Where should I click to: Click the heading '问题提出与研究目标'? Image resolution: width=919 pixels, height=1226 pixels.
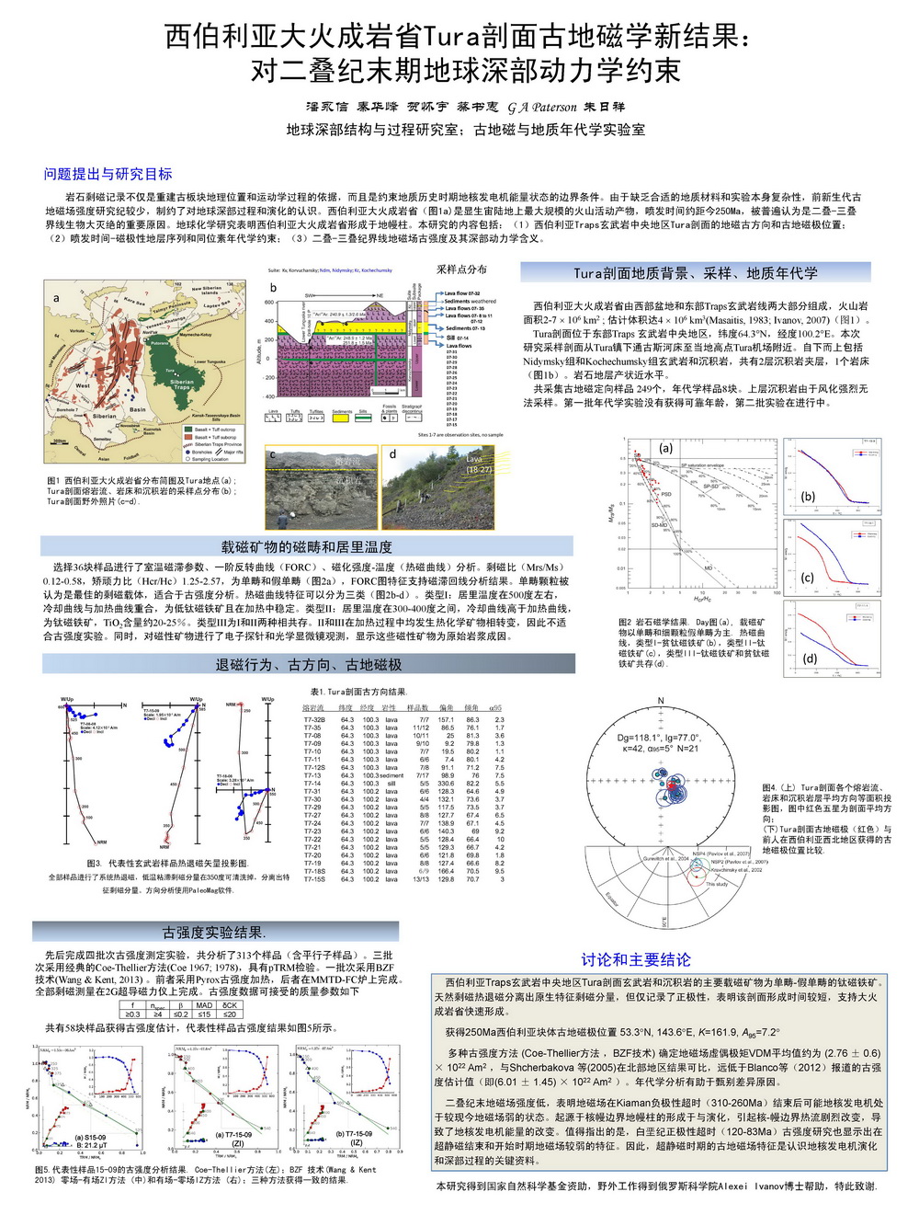point(108,174)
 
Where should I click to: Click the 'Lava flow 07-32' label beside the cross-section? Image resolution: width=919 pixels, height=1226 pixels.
point(463,293)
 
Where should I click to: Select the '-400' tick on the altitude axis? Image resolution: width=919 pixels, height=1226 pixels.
point(270,396)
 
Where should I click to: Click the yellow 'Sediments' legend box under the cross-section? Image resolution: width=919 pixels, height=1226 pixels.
point(341,418)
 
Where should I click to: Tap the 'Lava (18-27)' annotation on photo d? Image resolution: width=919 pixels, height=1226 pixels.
point(479,464)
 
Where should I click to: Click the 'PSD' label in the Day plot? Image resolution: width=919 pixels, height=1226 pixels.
point(666,494)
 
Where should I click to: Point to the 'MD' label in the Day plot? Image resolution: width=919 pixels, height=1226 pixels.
point(709,568)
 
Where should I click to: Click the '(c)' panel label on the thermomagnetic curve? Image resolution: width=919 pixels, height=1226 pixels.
point(808,578)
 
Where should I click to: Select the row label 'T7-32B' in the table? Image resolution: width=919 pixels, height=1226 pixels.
point(313,720)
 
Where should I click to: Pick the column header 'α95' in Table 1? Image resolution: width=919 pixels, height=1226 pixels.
point(497,707)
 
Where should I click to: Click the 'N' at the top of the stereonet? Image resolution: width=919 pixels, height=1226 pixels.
point(660,702)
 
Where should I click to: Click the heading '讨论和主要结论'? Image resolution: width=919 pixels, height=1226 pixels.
point(635,959)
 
